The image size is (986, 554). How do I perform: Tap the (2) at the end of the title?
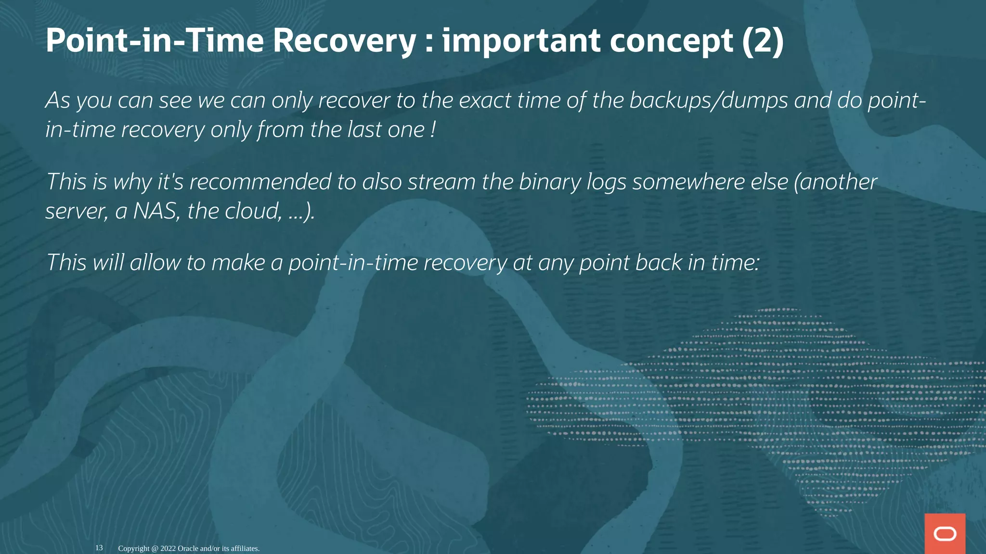[x=763, y=40]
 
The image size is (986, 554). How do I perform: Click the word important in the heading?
[x=521, y=40]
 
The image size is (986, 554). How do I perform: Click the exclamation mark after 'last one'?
[x=433, y=129]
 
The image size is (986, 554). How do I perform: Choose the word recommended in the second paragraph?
[x=259, y=182]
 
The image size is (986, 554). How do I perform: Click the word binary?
[x=549, y=182]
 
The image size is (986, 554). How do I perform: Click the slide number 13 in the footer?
[x=99, y=548]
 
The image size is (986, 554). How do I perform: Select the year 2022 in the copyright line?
[x=168, y=548]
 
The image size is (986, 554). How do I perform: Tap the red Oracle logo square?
[x=945, y=533]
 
